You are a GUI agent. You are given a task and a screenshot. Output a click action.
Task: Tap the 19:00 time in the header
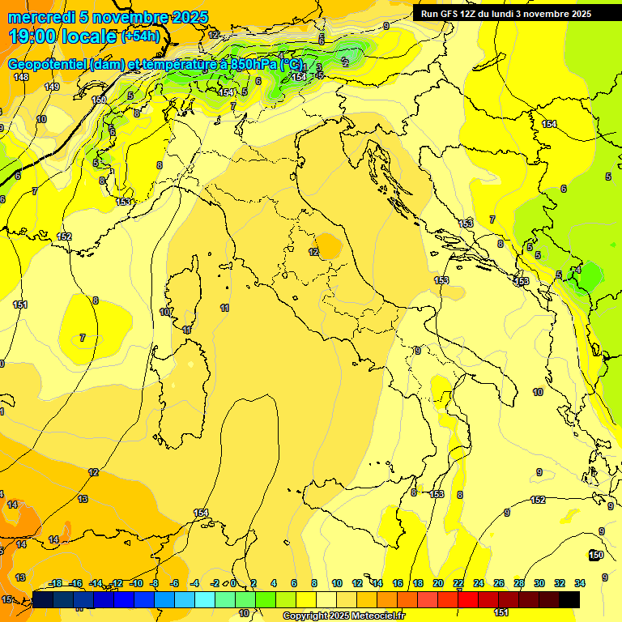point(32,36)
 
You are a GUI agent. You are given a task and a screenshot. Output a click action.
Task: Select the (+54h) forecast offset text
point(140,36)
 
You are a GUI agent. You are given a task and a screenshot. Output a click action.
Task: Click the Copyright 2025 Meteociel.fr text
point(343,616)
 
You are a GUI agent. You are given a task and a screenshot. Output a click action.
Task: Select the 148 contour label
point(21,77)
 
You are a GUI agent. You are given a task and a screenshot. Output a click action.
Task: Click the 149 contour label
point(53,87)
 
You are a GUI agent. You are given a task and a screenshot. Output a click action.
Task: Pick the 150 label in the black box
point(595,555)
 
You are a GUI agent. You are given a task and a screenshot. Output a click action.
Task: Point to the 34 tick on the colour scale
point(580,583)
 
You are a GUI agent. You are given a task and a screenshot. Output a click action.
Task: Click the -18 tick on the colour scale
point(55,583)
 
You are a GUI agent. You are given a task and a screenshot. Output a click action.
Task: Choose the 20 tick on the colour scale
point(438,583)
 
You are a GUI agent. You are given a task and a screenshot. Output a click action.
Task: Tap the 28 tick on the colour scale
point(519,583)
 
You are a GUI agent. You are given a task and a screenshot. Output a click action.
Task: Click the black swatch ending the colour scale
point(569,599)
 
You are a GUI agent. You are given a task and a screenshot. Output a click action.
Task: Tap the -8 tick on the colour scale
point(154,583)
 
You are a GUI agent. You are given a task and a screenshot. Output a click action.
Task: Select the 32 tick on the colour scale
point(560,583)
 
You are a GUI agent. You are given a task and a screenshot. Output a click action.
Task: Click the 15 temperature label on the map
point(6,599)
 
